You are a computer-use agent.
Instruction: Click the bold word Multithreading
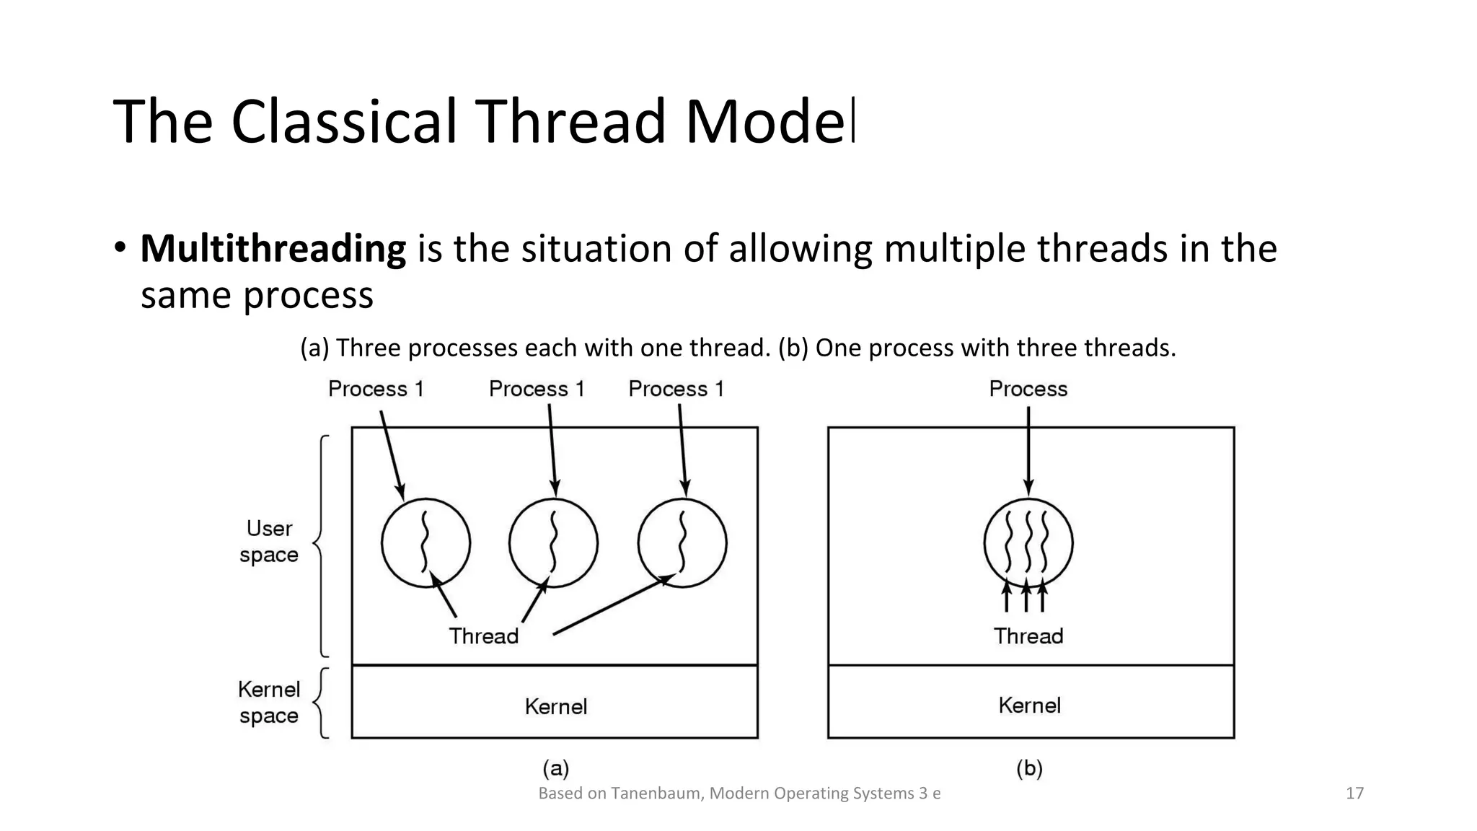273,249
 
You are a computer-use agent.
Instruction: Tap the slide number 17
1354,793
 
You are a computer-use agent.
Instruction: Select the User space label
269,542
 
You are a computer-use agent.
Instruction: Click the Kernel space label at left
269,703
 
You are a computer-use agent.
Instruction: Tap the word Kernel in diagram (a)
555,706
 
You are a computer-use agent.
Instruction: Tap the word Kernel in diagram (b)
1029,705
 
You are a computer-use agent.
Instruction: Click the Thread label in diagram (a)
483,636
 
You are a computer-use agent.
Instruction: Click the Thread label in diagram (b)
1028,636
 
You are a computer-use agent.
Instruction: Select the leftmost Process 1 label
376,389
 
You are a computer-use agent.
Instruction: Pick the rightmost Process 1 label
676,389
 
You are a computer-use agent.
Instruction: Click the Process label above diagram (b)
1028,389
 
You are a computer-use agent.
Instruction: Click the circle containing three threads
1028,542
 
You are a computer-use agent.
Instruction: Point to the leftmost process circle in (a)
426,542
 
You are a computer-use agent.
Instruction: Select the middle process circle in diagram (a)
553,542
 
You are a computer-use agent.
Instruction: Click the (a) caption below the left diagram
555,768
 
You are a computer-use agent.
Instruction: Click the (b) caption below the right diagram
1029,768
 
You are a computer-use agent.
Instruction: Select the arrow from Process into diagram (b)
1028,451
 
